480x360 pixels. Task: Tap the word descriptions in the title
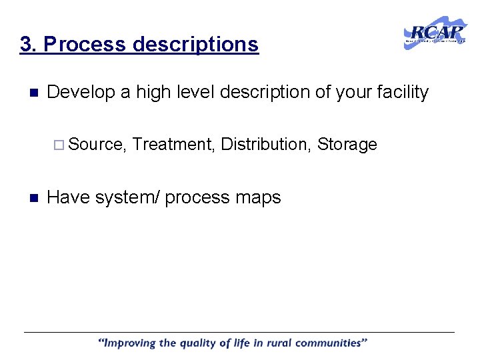pyautogui.click(x=195, y=45)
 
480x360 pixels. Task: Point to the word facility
pyautogui.click(x=403, y=93)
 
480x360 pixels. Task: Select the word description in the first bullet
pyautogui.click(x=255, y=93)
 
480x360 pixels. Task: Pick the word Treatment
pyautogui.click(x=173, y=144)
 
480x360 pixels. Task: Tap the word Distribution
pyautogui.click(x=265, y=144)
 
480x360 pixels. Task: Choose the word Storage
pyautogui.click(x=347, y=144)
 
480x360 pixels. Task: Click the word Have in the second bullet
pyautogui.click(x=68, y=197)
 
